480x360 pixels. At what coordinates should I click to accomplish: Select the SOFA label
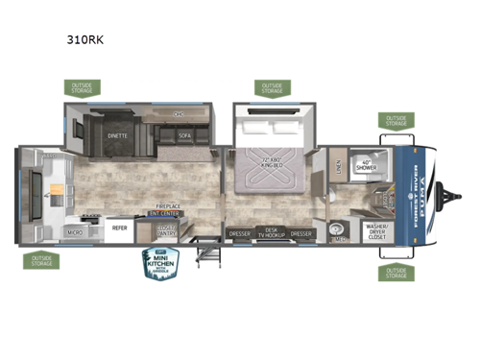click(185, 136)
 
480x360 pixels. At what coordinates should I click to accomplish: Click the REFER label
click(121, 228)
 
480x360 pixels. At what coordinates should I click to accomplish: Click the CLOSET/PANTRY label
click(167, 230)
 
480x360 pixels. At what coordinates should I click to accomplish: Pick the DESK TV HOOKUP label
click(272, 233)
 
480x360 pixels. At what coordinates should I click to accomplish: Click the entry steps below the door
click(205, 252)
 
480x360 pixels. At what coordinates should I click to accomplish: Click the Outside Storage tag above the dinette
click(81, 88)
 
